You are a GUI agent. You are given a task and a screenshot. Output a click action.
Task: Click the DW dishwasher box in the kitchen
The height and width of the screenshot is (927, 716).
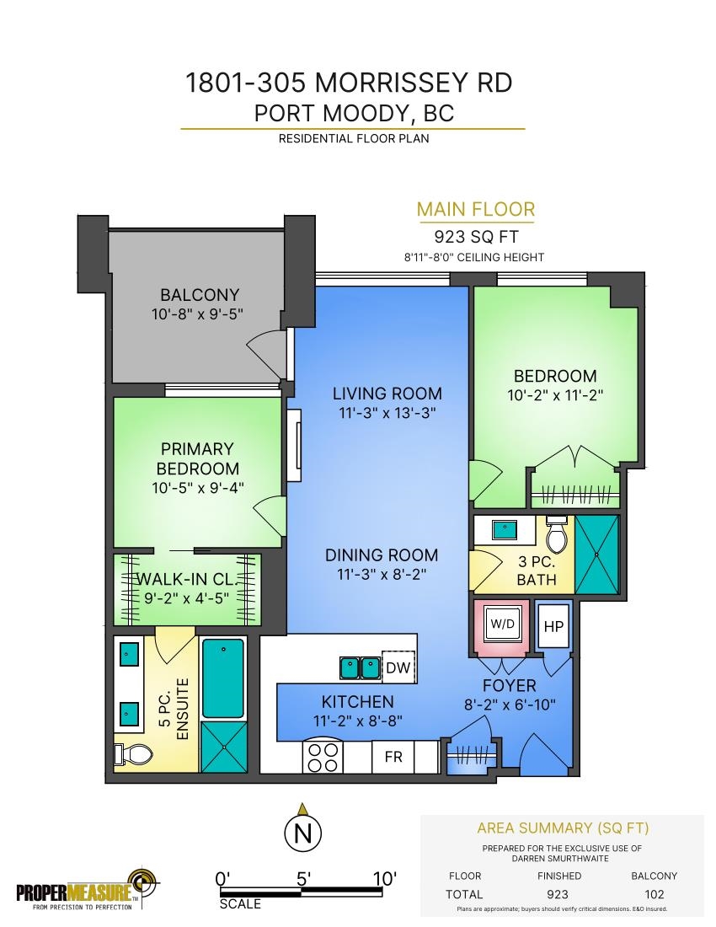coord(398,667)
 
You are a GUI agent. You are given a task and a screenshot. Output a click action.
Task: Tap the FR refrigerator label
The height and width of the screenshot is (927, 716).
coord(393,757)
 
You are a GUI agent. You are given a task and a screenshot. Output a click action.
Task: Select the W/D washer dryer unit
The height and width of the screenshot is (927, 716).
coord(503,624)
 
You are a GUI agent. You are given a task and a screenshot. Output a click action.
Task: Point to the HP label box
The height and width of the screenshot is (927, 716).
coord(553,626)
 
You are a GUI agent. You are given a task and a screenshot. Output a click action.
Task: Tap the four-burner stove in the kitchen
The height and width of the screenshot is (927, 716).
coord(323,757)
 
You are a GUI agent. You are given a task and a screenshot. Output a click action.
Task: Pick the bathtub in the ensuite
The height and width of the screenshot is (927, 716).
coord(223,678)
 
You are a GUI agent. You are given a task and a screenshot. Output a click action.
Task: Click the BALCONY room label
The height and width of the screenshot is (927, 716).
coord(200,294)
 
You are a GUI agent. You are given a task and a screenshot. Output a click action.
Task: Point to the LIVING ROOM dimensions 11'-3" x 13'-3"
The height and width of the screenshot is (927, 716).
coord(387,413)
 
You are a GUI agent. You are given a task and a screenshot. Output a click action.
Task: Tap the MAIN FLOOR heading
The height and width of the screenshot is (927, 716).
coord(476,209)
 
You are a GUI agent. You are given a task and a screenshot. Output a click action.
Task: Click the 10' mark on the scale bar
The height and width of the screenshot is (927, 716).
coord(385,879)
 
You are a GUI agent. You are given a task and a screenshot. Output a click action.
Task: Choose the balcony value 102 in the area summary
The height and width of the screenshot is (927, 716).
coord(654,894)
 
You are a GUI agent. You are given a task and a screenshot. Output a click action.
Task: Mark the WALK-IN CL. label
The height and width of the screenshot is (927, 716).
coord(186,579)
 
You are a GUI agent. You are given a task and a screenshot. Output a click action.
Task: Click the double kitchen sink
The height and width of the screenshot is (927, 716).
coord(359,667)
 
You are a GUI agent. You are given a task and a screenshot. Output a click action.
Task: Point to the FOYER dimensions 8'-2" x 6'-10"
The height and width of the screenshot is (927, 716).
coord(510,705)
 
